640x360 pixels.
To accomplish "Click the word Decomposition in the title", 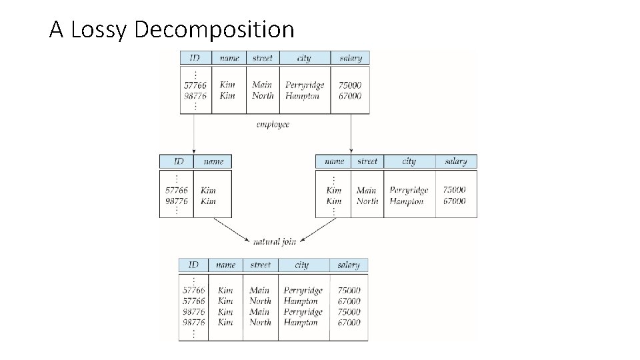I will [x=214, y=30].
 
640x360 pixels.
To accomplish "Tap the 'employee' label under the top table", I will [x=273, y=125].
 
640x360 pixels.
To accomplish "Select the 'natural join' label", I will [x=274, y=241].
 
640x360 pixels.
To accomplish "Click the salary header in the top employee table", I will [x=350, y=58].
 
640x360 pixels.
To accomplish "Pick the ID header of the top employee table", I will [x=195, y=58].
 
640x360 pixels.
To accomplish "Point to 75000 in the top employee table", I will [x=350, y=85].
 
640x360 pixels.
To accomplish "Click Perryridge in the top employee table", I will [x=305, y=85].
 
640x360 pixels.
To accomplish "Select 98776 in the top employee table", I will [x=195, y=96].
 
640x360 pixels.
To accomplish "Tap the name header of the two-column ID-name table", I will [x=213, y=161].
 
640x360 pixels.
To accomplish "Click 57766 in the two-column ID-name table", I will [x=177, y=190].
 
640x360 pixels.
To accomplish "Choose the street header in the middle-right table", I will [x=367, y=161].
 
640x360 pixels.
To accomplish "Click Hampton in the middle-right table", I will [x=407, y=201].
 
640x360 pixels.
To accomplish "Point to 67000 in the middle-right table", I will [x=455, y=201].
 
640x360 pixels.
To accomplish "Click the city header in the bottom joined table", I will [x=302, y=265].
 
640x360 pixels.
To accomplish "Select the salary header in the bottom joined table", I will [x=348, y=265].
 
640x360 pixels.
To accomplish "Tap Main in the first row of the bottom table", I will [x=259, y=291].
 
